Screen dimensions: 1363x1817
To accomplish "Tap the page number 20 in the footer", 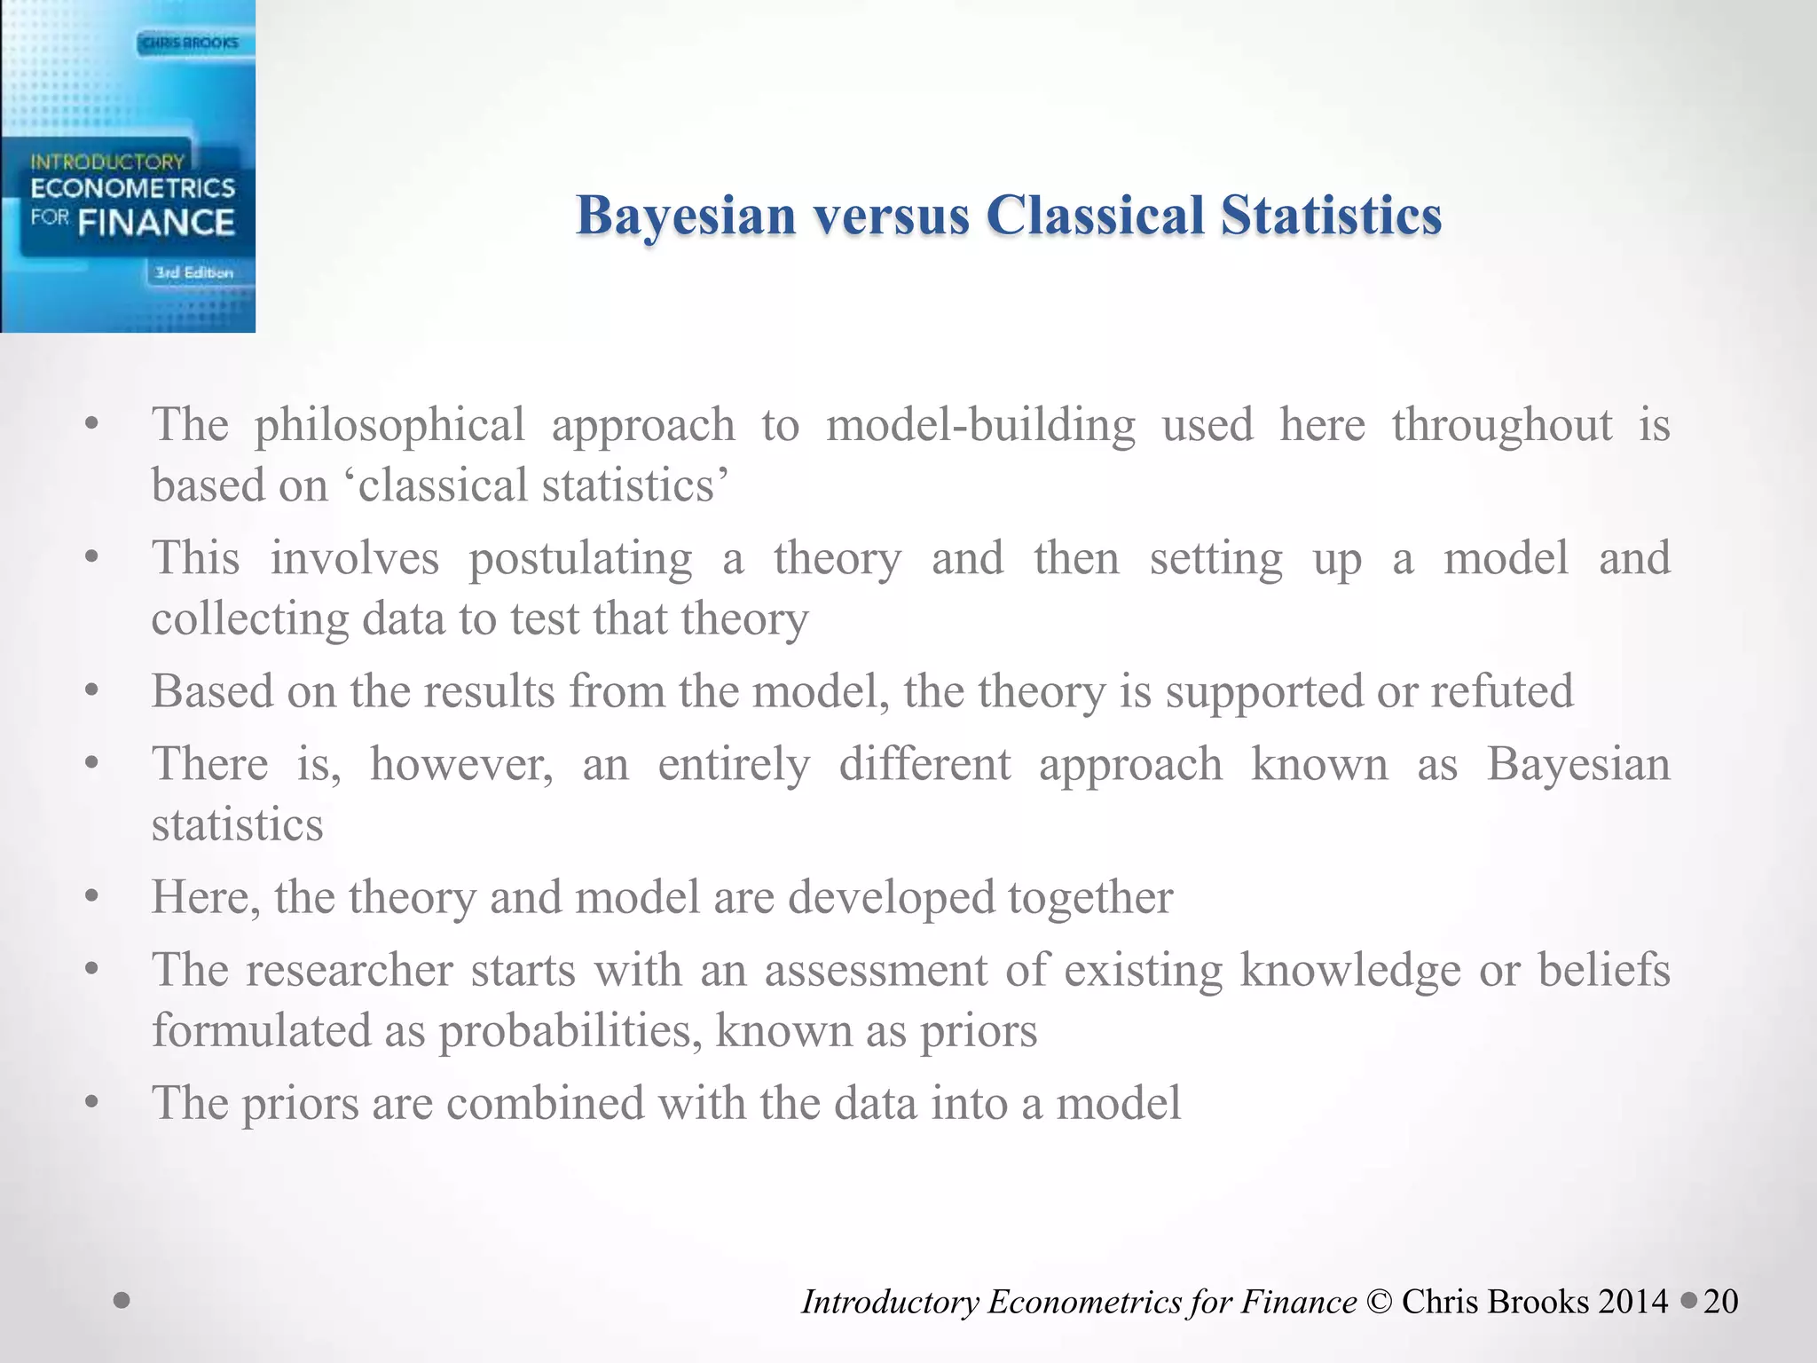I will (1720, 1302).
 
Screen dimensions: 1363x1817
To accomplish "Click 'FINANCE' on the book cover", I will (156, 222).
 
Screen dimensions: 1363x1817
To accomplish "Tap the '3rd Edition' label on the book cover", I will (194, 272).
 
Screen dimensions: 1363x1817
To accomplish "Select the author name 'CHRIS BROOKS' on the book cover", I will (190, 42).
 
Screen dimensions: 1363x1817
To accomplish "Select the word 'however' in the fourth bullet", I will (461, 764).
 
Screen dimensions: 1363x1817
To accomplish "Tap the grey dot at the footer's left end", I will (122, 1301).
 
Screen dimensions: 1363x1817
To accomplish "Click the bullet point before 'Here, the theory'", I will (91, 896).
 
